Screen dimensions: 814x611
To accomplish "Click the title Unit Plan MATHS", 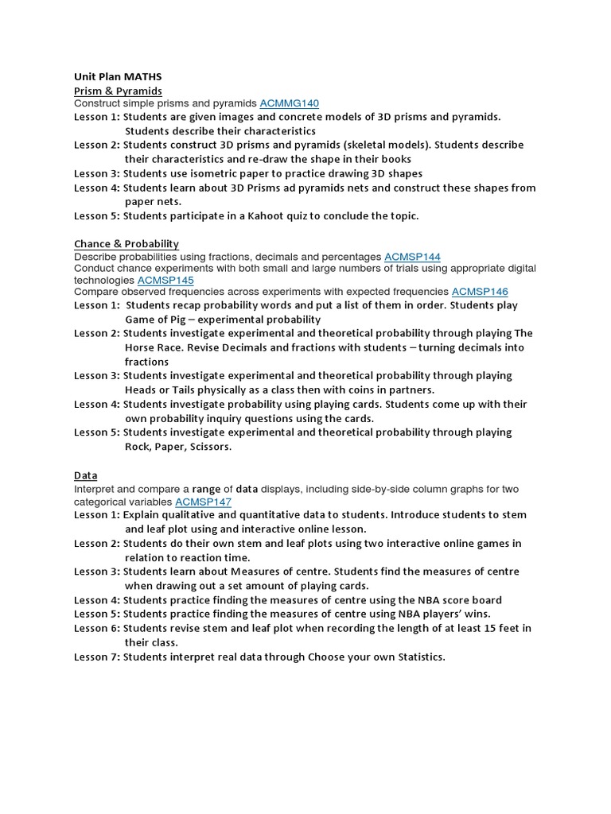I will tap(117, 76).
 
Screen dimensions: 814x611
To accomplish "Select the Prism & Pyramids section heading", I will tap(118, 91).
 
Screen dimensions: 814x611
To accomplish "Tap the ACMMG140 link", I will tap(290, 103).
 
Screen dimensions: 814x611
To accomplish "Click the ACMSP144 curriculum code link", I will tap(412, 257).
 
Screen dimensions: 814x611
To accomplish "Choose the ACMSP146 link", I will tap(480, 293).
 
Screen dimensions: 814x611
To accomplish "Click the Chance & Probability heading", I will tap(126, 243).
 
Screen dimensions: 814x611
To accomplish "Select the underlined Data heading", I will tap(86, 475).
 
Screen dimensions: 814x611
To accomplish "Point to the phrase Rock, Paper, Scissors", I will tap(178, 447).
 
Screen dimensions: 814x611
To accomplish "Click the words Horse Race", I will tap(159, 347).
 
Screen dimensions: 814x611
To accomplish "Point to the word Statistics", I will tap(417, 657).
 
